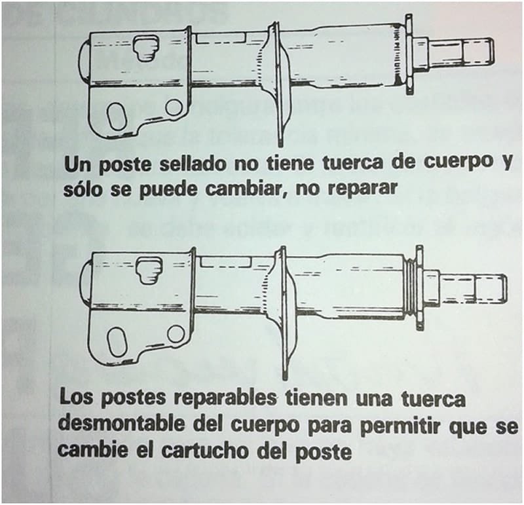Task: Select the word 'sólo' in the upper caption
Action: click(83, 189)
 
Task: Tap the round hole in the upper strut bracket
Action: click(174, 107)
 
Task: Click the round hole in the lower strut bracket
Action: click(175, 333)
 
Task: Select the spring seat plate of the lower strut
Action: click(283, 308)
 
